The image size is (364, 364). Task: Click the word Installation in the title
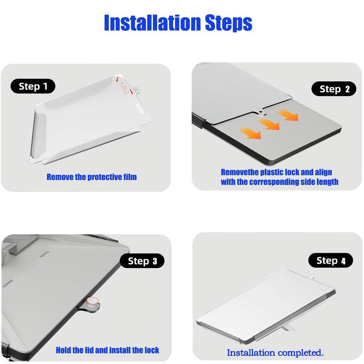point(153,23)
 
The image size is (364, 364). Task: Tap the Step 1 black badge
point(33,86)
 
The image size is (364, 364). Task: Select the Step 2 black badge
point(334,89)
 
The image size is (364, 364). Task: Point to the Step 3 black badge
point(142,261)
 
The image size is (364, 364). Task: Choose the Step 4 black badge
point(331,261)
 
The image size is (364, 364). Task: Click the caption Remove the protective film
point(92,177)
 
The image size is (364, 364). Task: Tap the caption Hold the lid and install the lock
point(107,350)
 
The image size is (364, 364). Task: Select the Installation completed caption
point(275,353)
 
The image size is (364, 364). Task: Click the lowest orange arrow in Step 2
point(251,133)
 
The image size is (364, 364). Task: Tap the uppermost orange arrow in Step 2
point(288,115)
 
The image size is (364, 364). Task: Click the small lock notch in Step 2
point(262,113)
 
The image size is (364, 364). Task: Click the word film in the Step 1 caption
point(130,177)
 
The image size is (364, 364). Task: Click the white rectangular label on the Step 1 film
point(141,108)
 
